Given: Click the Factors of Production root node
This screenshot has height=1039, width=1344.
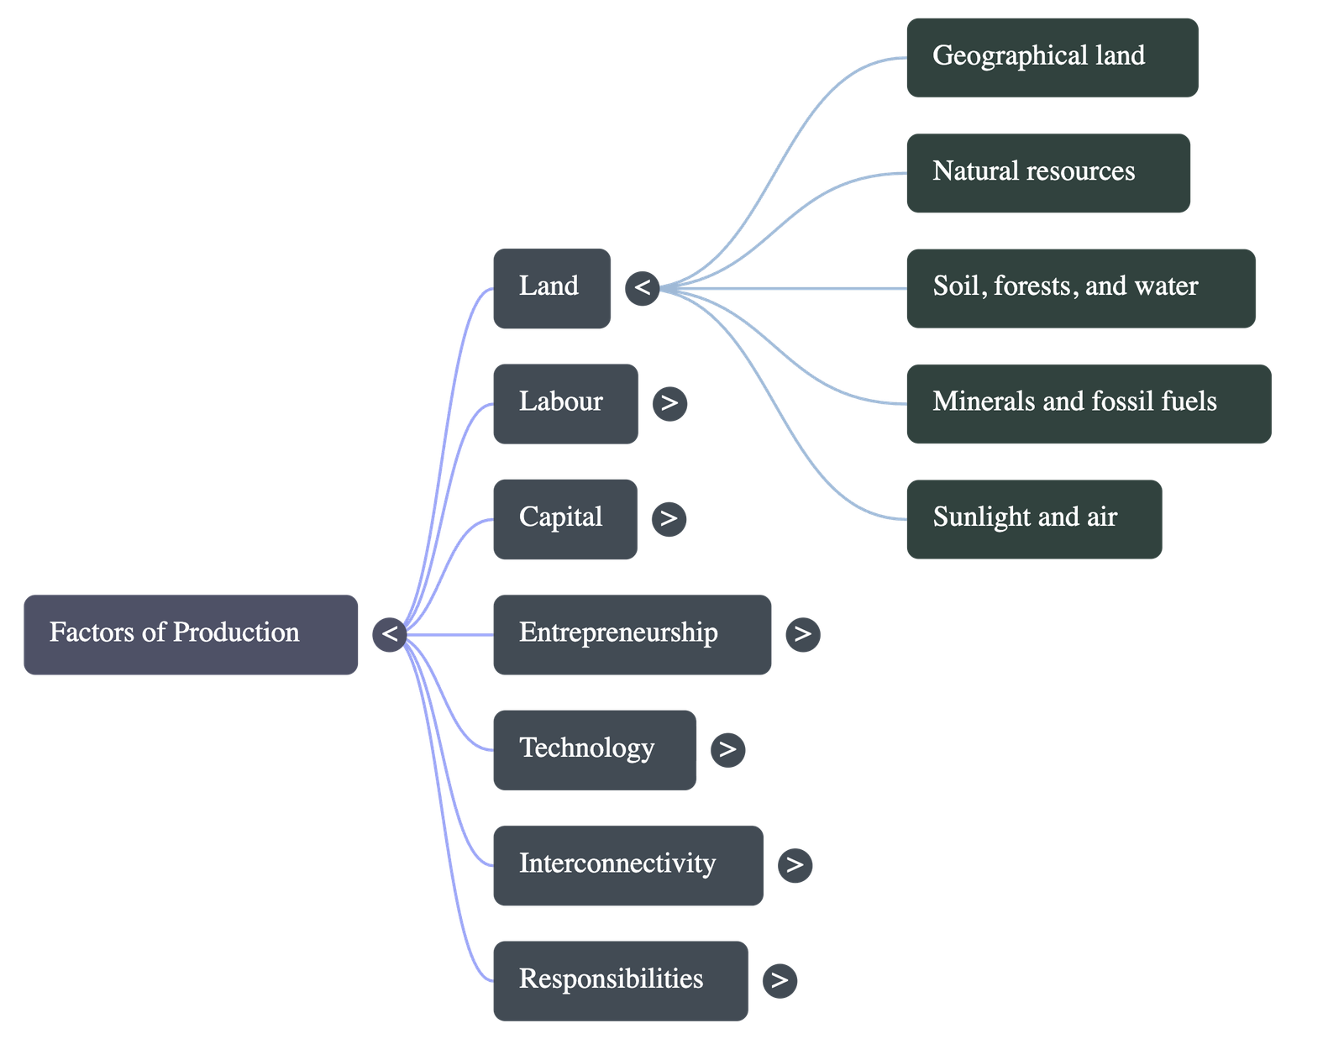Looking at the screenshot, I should [191, 634].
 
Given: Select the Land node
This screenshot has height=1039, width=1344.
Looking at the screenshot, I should [552, 288].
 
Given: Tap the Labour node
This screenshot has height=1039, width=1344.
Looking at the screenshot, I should [564, 403].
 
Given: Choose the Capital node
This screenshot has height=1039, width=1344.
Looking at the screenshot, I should [564, 518].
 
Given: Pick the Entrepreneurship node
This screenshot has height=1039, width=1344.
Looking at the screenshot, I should [632, 634].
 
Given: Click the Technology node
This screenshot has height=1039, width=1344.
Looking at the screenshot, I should [594, 749].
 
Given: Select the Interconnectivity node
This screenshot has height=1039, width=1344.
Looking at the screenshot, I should [627, 864].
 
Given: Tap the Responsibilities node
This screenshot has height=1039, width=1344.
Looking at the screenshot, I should [620, 979].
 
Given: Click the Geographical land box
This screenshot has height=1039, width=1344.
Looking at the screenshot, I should [1052, 57].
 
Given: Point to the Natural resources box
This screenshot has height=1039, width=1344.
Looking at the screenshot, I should [1047, 172].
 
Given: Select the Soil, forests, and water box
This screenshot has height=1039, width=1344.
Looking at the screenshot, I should [1081, 288].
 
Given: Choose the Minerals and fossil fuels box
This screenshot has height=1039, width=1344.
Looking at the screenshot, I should [1089, 403].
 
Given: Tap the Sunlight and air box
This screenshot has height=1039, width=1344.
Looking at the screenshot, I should [1034, 518].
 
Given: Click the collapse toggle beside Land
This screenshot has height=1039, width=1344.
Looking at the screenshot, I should [643, 288].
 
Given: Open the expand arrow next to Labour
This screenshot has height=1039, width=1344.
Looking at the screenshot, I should [669, 403].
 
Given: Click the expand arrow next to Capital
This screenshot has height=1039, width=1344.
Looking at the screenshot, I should [669, 518].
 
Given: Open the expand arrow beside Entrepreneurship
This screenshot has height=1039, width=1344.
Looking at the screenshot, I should [802, 634].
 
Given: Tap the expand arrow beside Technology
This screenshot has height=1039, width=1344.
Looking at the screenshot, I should [727, 749].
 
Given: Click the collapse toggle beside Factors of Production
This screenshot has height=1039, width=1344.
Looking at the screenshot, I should [390, 634].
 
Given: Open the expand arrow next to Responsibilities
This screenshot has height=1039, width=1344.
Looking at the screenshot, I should [780, 980].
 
